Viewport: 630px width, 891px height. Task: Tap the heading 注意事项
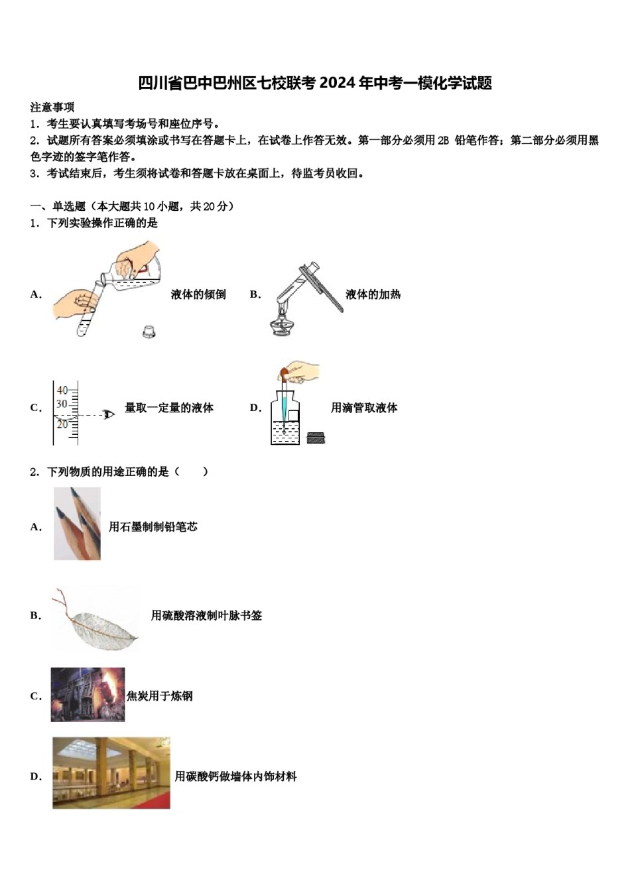click(x=52, y=107)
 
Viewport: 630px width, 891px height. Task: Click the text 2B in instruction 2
click(x=443, y=141)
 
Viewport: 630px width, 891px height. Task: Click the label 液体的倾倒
click(x=198, y=294)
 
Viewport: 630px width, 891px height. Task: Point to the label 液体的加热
click(x=373, y=294)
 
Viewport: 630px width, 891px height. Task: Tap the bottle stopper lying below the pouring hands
click(x=149, y=330)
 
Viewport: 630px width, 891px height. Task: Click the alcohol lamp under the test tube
click(x=283, y=326)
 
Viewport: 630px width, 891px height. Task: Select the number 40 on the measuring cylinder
click(x=62, y=390)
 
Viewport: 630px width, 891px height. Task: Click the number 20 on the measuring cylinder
click(x=62, y=424)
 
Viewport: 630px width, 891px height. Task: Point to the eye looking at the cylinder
click(x=111, y=414)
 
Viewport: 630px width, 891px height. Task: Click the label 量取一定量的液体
click(x=169, y=408)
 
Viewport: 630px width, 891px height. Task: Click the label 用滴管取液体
click(x=364, y=408)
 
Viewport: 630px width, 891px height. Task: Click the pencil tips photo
click(x=77, y=524)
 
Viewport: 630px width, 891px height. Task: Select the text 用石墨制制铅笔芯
click(x=153, y=527)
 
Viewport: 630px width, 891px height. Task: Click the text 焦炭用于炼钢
click(x=160, y=696)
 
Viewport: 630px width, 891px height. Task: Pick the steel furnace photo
click(x=88, y=695)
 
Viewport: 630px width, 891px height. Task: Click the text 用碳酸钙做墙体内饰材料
click(x=235, y=776)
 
